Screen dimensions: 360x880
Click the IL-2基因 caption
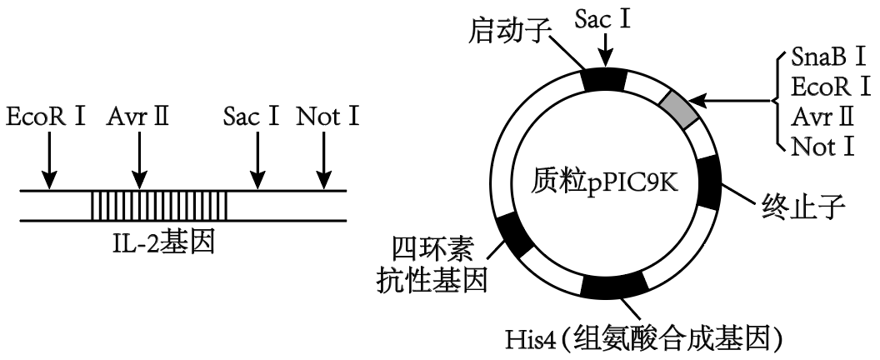click(163, 244)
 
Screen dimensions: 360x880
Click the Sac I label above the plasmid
click(603, 19)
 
